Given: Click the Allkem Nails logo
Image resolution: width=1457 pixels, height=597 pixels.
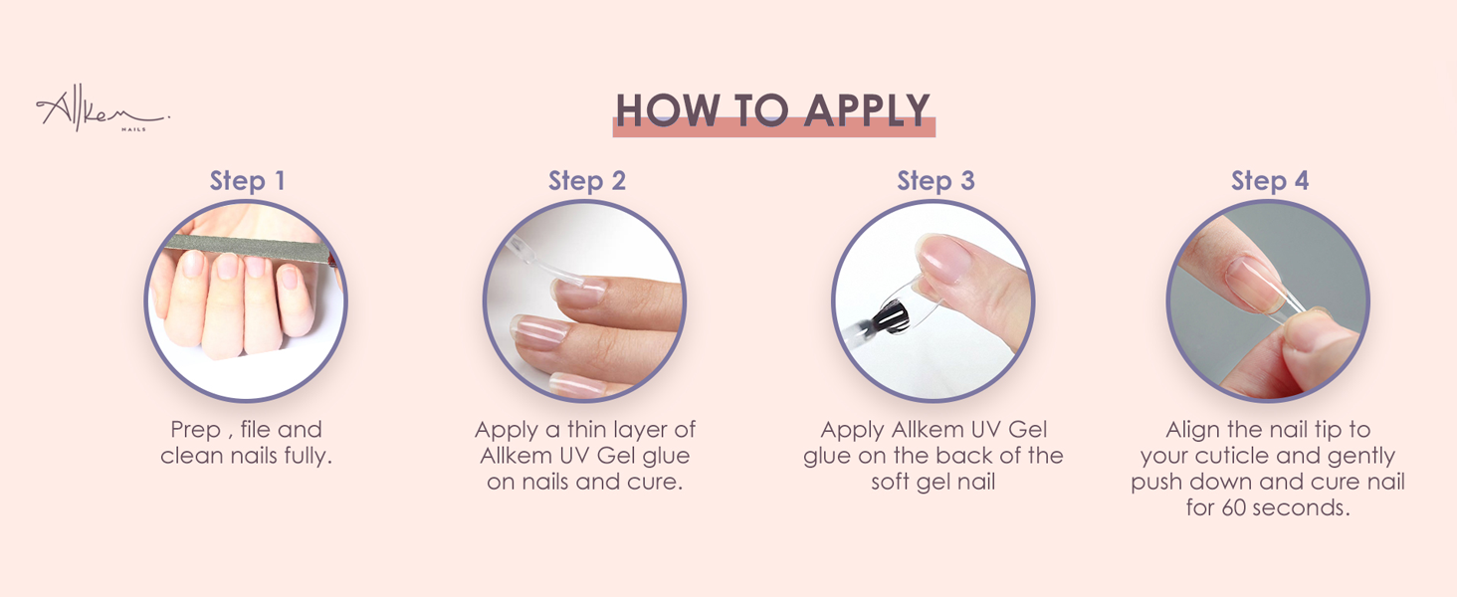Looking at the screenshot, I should pos(100,111).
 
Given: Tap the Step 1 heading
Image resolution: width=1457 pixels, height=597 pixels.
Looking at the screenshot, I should pos(247,181).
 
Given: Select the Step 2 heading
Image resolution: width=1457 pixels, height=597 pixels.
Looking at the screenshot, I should pos(587,181).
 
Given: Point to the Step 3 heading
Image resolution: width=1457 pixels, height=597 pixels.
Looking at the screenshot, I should pos(936,181).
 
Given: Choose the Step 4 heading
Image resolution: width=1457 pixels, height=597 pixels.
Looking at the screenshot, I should pos(1270,181).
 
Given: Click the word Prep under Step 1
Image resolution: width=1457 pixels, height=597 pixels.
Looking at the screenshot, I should pos(195,430).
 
